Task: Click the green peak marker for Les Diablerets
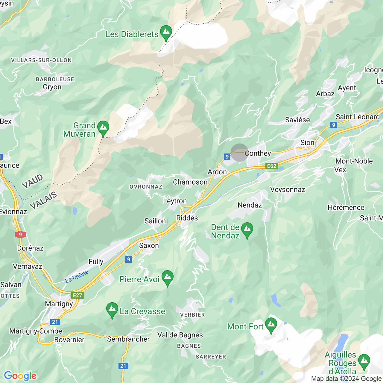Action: [166, 33]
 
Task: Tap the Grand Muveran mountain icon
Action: [103, 128]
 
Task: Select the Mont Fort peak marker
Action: [271, 325]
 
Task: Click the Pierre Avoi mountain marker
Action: [168, 278]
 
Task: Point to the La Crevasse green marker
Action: [112, 310]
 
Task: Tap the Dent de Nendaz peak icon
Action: [247, 230]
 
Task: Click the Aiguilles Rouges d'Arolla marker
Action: [364, 361]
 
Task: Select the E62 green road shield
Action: [272, 166]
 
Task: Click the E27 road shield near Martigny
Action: [77, 295]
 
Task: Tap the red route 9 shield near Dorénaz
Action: [20, 235]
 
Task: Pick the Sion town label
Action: [307, 142]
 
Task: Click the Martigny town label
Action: [59, 304]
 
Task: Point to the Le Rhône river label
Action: [77, 276]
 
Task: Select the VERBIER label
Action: [192, 315]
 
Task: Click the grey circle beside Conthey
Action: [239, 153]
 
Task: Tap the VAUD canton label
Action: [32, 182]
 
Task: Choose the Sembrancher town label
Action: [128, 339]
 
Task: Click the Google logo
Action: [20, 376]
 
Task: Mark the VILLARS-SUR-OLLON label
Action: [42, 60]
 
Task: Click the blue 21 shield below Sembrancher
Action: [123, 366]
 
